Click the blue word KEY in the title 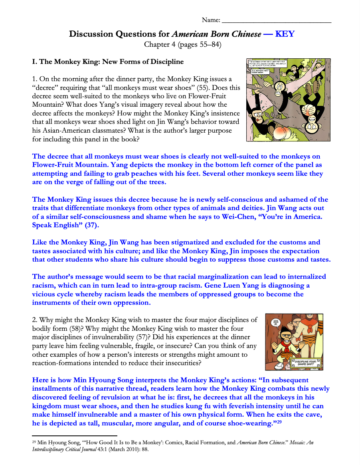285,34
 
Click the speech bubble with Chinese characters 275,322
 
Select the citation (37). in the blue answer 92,225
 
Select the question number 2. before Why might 35,320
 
